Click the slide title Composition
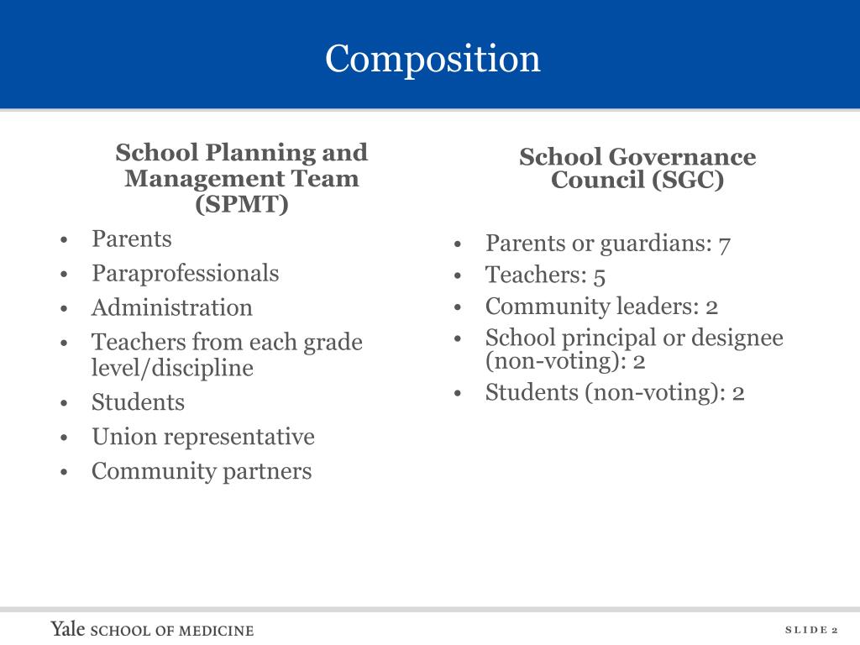[433, 59]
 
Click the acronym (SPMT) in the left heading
[242, 204]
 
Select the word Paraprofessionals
[185, 273]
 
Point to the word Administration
[171, 307]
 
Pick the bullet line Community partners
[201, 471]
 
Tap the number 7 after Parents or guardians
[724, 244]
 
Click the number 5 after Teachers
[599, 275]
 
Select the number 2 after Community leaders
[712, 307]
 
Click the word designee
[732, 338]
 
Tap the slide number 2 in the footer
[835, 630]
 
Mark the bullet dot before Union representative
[65, 438]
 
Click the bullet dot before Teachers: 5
[459, 276]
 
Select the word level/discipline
[172, 368]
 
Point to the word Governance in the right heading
[682, 157]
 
